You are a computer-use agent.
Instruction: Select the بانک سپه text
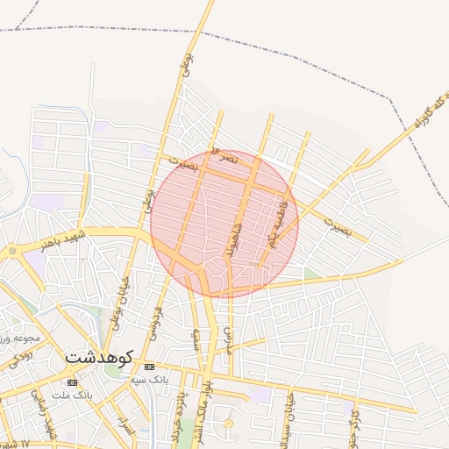click(148, 380)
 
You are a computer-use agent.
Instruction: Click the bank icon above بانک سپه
click(148, 366)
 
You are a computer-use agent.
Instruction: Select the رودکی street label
click(21, 357)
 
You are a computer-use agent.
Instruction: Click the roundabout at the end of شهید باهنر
click(12, 252)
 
